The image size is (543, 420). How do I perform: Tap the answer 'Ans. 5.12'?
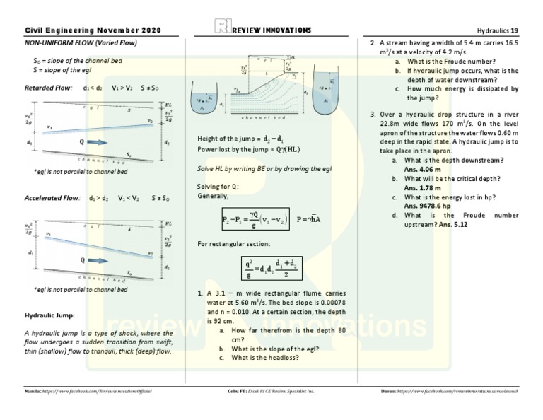(452, 224)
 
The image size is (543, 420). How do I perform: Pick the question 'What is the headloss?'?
(264, 358)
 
